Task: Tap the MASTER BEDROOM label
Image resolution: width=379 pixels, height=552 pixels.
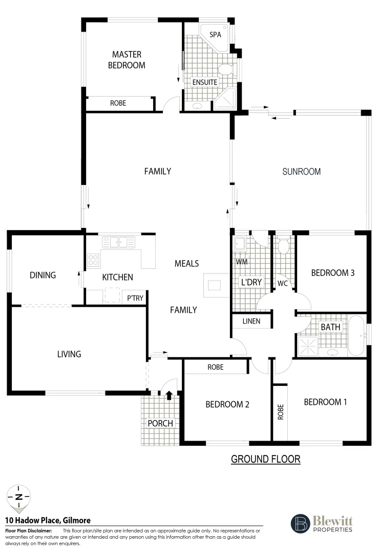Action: (x=127, y=60)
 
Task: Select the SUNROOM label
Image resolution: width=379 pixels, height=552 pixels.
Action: (x=302, y=172)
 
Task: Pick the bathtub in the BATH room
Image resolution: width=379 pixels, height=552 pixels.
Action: (x=356, y=336)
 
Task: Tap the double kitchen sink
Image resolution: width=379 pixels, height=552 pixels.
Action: (x=118, y=241)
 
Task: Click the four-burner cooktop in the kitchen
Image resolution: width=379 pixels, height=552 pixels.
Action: (x=93, y=260)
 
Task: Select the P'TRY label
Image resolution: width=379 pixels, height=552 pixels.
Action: (x=135, y=297)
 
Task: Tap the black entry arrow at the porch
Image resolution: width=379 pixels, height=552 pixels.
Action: (x=169, y=394)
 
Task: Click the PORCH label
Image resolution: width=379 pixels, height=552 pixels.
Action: (x=160, y=424)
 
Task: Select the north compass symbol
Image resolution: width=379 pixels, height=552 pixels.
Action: (x=18, y=497)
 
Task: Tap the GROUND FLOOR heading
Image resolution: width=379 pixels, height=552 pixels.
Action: (x=265, y=459)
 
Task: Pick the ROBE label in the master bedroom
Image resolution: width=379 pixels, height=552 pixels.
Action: (x=118, y=103)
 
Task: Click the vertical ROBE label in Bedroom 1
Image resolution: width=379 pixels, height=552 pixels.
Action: (x=280, y=412)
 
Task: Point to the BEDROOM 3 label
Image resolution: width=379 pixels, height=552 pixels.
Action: (x=333, y=272)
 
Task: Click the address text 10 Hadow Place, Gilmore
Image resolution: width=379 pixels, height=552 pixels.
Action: (x=48, y=520)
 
